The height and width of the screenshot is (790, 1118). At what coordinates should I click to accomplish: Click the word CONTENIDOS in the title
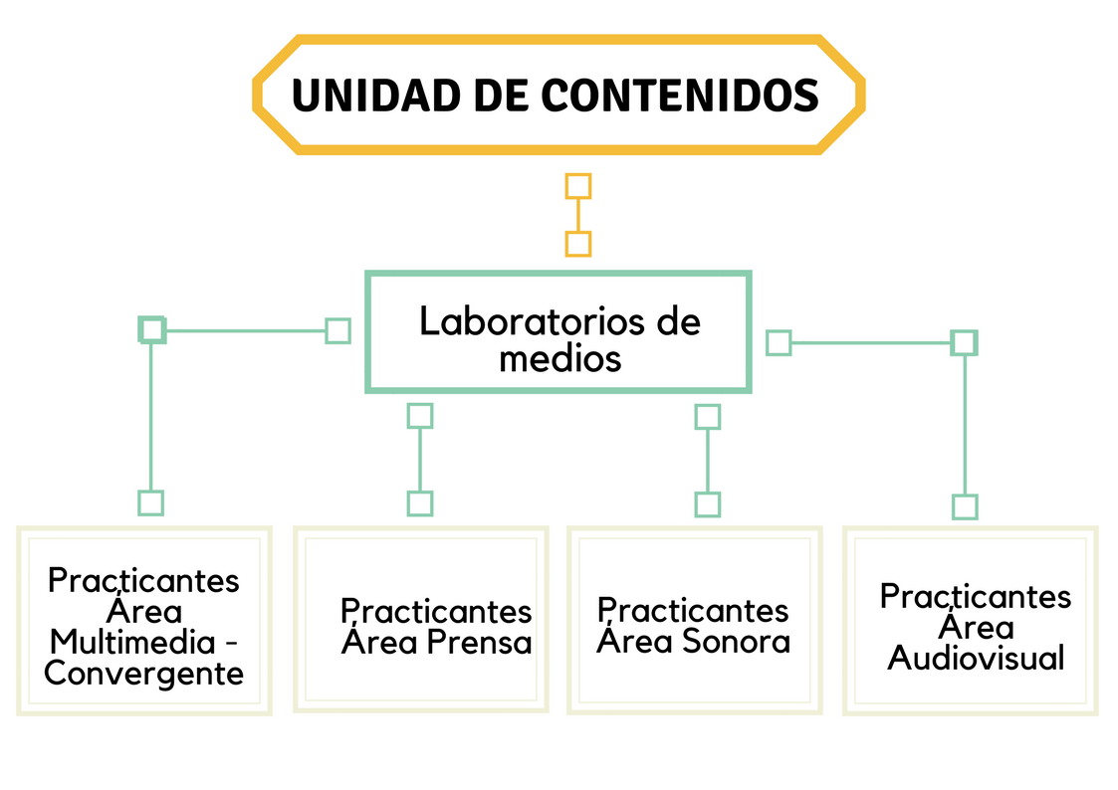[680, 95]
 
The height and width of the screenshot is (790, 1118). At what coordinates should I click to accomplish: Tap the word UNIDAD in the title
[376, 95]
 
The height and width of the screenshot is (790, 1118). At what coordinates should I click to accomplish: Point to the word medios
[559, 358]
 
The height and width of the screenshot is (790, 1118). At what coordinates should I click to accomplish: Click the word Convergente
[144, 675]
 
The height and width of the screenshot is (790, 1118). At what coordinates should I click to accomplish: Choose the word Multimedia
[132, 643]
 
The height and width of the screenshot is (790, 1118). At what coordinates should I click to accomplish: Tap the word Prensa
[479, 643]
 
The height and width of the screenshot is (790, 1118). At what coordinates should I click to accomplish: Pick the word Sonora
[736, 641]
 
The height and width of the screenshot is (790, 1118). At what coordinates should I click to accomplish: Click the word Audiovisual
[976, 658]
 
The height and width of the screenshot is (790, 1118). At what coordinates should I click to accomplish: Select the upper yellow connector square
[578, 187]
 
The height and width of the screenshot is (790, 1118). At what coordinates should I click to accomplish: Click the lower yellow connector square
[578, 244]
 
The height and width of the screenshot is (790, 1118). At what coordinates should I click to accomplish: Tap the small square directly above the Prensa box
[420, 503]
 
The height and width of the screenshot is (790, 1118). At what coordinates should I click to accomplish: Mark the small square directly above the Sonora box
[707, 504]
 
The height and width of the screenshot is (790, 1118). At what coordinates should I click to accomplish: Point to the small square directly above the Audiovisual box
[965, 507]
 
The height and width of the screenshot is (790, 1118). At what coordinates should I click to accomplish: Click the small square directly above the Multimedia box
[150, 502]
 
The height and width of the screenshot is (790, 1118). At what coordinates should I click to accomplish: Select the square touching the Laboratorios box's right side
[779, 342]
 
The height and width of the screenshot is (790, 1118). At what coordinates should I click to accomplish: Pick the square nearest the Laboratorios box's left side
[337, 331]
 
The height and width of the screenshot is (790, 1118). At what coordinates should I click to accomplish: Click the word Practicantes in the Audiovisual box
[976, 596]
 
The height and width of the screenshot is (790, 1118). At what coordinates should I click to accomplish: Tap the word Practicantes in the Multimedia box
[143, 581]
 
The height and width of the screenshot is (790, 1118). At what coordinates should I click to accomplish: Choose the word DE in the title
[501, 95]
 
